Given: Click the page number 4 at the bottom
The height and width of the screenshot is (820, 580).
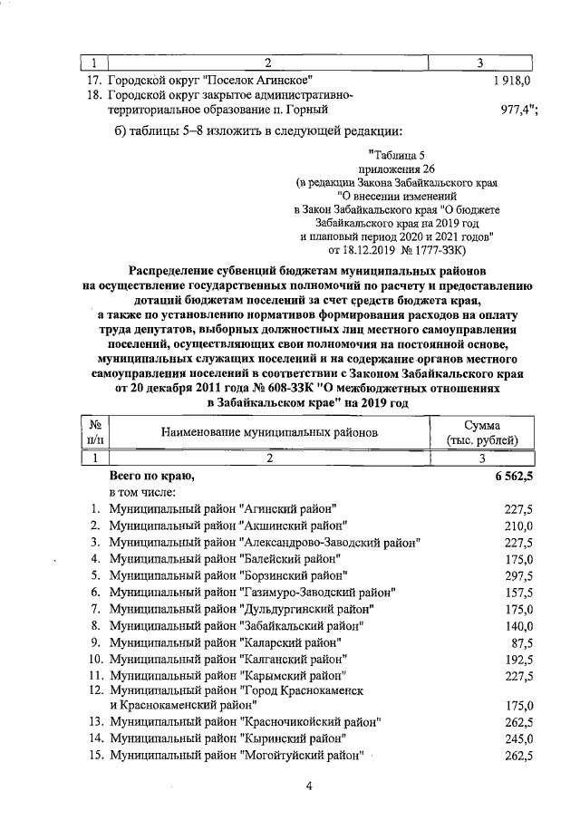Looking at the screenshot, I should (x=308, y=786).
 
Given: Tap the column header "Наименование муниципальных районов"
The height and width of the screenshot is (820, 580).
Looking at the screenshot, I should (x=269, y=432).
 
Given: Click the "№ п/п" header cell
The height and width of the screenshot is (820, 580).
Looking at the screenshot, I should (x=94, y=432).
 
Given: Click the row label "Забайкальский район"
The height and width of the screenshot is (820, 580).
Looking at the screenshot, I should (x=237, y=625).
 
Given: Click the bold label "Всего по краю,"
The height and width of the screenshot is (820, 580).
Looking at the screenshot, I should (x=151, y=475).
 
